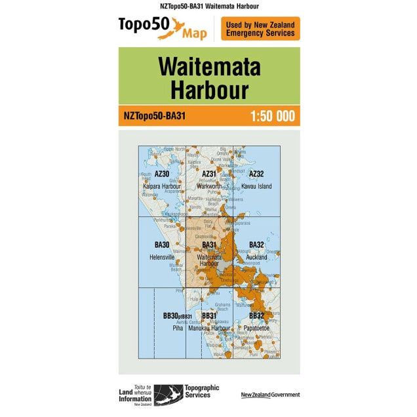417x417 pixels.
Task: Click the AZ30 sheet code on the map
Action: pyautogui.click(x=162, y=174)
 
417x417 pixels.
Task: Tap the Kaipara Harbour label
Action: pyautogui.click(x=162, y=186)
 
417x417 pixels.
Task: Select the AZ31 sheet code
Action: pyautogui.click(x=208, y=174)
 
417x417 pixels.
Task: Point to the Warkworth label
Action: pyautogui.click(x=208, y=186)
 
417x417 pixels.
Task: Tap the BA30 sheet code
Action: pyautogui.click(x=162, y=245)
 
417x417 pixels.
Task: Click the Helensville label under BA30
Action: pyautogui.click(x=162, y=257)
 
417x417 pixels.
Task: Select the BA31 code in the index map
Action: pyautogui.click(x=208, y=245)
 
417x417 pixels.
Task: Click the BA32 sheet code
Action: pyautogui.click(x=256, y=245)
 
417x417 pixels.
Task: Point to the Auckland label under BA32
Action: pyautogui.click(x=256, y=257)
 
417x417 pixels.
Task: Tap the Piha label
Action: pyautogui.click(x=178, y=327)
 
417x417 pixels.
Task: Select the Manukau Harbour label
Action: pyautogui.click(x=209, y=327)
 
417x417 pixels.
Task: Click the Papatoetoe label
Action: pyautogui.click(x=256, y=327)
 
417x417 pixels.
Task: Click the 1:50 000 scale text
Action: pyautogui.click(x=272, y=117)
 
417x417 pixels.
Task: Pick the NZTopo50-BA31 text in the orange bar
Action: pyautogui.click(x=155, y=117)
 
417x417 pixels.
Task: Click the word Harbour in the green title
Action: pyautogui.click(x=209, y=89)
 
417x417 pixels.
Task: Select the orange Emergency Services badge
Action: pyautogui.click(x=260, y=28)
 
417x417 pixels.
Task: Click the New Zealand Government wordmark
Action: pyautogui.click(x=270, y=395)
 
